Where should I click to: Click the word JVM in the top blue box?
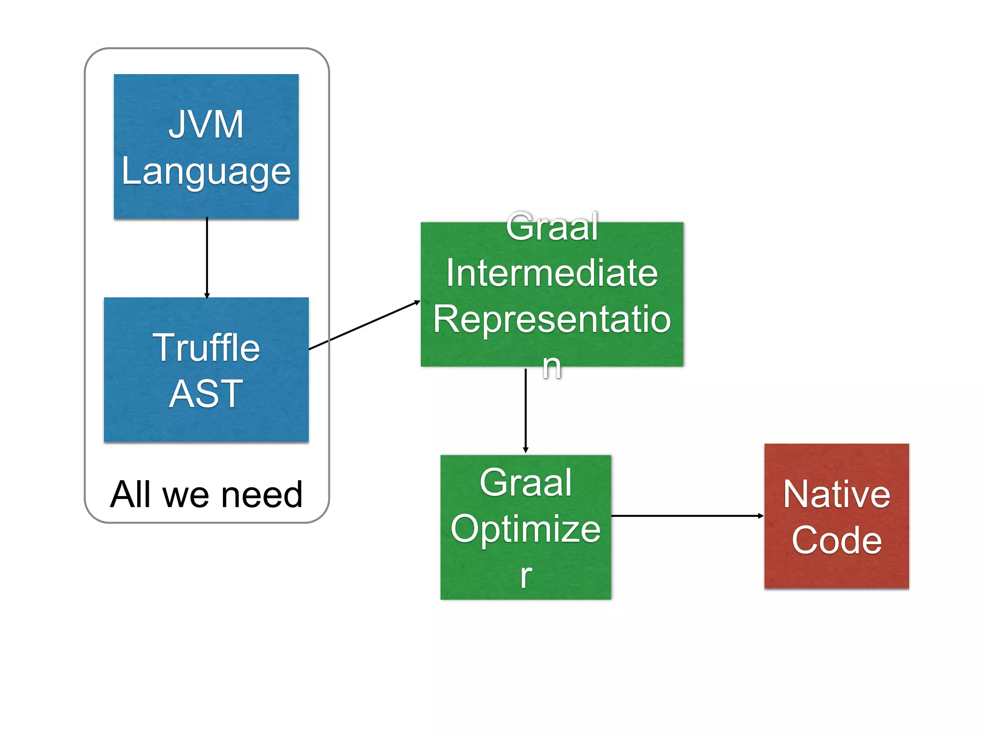206,125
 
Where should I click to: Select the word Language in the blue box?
206,172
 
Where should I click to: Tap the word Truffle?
206,347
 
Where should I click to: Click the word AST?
206,394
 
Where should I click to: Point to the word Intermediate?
552,273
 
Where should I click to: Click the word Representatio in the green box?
552,319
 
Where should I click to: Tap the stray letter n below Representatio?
552,366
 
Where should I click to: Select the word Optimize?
526,529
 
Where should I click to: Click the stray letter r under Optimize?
526,575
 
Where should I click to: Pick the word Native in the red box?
837,494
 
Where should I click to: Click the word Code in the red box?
837,540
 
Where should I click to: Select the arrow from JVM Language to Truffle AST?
207,257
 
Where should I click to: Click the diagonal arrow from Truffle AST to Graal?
364,325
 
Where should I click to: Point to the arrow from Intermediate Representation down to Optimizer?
526,409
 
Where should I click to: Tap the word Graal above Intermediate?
552,227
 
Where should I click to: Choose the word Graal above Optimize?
526,483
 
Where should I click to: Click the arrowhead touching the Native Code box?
761,516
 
